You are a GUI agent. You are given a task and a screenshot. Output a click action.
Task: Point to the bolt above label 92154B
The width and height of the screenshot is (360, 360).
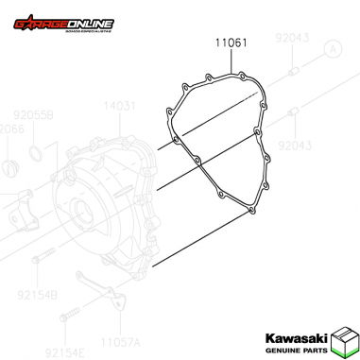pyautogui.click(x=39, y=256)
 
